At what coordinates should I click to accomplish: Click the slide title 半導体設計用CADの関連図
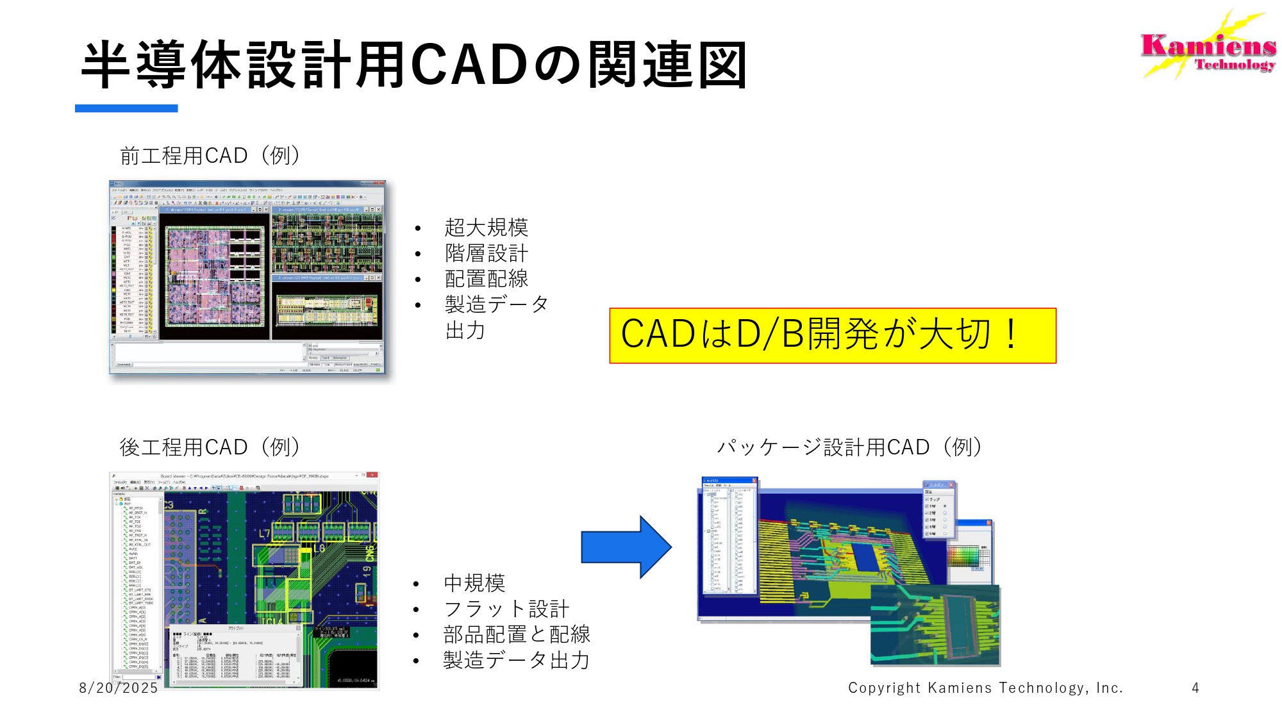(x=414, y=65)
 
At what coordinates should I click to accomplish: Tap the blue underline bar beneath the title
(x=126, y=108)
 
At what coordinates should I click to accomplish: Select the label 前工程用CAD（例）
(x=210, y=156)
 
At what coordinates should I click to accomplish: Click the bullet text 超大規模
(x=486, y=228)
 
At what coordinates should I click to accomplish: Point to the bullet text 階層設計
(x=486, y=253)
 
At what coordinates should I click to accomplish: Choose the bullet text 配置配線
(x=486, y=279)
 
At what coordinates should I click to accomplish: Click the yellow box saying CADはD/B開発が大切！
(x=832, y=335)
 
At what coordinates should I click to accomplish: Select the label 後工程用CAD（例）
(x=210, y=447)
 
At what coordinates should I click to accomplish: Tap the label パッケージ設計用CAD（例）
(x=849, y=447)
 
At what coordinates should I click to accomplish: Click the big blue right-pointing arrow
(x=626, y=547)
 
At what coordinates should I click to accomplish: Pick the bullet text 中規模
(x=474, y=583)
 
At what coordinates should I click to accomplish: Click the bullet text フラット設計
(x=506, y=609)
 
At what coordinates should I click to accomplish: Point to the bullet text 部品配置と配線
(x=517, y=634)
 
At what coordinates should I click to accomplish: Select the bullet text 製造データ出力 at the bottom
(x=517, y=660)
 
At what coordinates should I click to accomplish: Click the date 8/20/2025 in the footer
(x=119, y=688)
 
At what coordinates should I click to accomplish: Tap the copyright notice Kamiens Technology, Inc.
(x=985, y=688)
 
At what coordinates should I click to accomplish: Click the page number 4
(x=1195, y=688)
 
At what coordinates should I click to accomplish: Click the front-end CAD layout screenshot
(x=247, y=277)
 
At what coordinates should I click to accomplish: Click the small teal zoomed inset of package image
(x=935, y=625)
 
